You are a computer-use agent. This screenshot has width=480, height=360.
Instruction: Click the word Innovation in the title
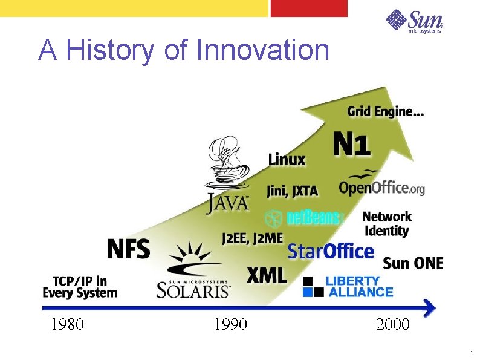point(263,50)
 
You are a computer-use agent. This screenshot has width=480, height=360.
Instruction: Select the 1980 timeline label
point(67,325)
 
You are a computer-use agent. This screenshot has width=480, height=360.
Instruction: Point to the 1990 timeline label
point(230,325)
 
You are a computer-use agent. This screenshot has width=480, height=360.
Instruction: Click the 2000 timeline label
point(392,325)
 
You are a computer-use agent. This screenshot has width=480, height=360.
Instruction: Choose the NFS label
point(128,249)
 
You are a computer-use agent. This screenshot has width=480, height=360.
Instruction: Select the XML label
point(266,276)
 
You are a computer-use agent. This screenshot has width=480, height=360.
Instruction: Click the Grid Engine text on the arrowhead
point(385,111)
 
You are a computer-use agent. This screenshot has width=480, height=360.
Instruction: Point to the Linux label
point(287,160)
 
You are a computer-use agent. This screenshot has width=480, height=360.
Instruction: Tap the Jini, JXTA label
point(292,191)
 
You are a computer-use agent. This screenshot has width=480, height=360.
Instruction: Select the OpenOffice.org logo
point(381,185)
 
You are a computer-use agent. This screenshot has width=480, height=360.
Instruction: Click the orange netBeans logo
point(305,218)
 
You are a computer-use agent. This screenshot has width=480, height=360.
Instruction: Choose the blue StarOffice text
point(330,250)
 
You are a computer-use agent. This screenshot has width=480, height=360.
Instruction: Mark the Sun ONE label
point(413,263)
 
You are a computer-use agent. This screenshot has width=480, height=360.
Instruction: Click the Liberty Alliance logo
point(348,287)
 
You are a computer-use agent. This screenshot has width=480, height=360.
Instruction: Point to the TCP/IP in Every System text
point(80,287)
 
